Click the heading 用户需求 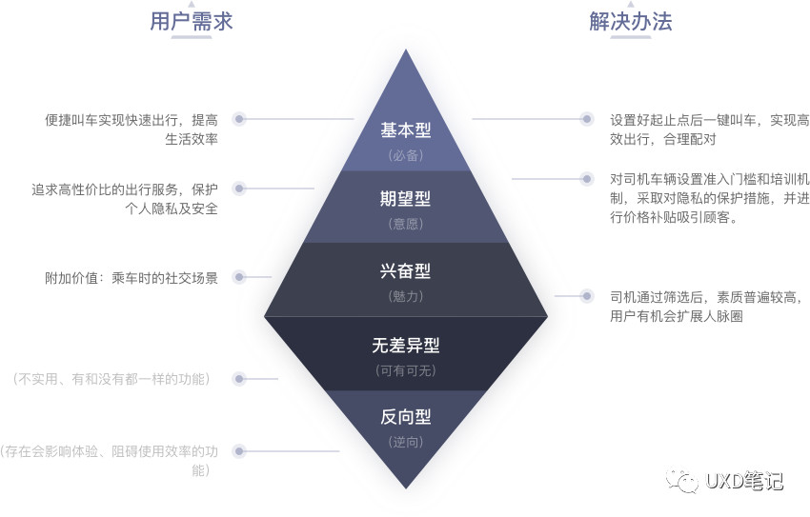click(x=192, y=21)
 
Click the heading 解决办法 click(x=630, y=21)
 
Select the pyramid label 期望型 click(x=406, y=199)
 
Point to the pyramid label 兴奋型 click(x=406, y=270)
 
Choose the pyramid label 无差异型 click(x=406, y=345)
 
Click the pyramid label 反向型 click(x=406, y=417)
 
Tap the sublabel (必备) click(x=406, y=154)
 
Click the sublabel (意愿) click(x=406, y=224)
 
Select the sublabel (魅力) click(x=406, y=296)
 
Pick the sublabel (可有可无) click(x=406, y=370)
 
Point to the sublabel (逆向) click(x=406, y=442)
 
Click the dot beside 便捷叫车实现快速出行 click(x=239, y=119)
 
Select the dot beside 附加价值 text click(x=239, y=277)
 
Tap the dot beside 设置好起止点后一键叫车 click(x=585, y=119)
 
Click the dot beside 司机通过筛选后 click(x=585, y=296)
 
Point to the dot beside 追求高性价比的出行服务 click(x=239, y=189)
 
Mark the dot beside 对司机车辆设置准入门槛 click(x=585, y=178)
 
